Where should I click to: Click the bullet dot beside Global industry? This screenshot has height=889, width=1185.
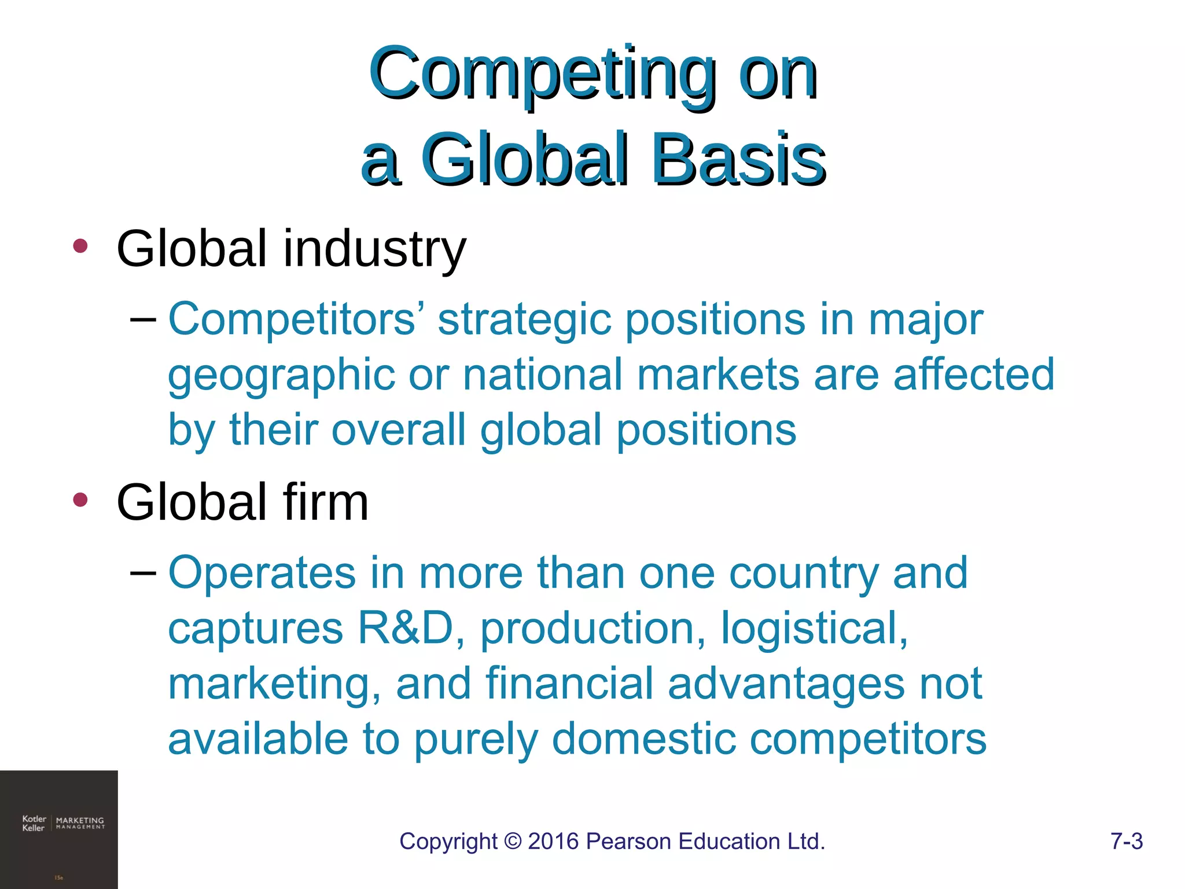pos(80,247)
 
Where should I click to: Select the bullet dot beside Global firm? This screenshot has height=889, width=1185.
pos(80,499)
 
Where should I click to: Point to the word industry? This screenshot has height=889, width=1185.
pos(374,249)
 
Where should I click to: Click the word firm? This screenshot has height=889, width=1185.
pos(326,502)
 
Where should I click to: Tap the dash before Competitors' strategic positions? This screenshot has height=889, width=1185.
pos(143,319)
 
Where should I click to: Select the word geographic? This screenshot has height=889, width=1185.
pos(281,376)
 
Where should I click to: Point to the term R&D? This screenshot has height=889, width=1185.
pos(405,628)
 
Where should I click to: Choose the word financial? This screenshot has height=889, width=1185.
pos(569,684)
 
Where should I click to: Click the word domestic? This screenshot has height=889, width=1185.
pos(643,739)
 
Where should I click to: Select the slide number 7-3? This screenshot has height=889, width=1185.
pos(1126,841)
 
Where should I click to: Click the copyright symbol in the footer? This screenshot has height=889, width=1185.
pos(513,841)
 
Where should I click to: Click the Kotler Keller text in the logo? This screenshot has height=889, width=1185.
pos(34,823)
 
